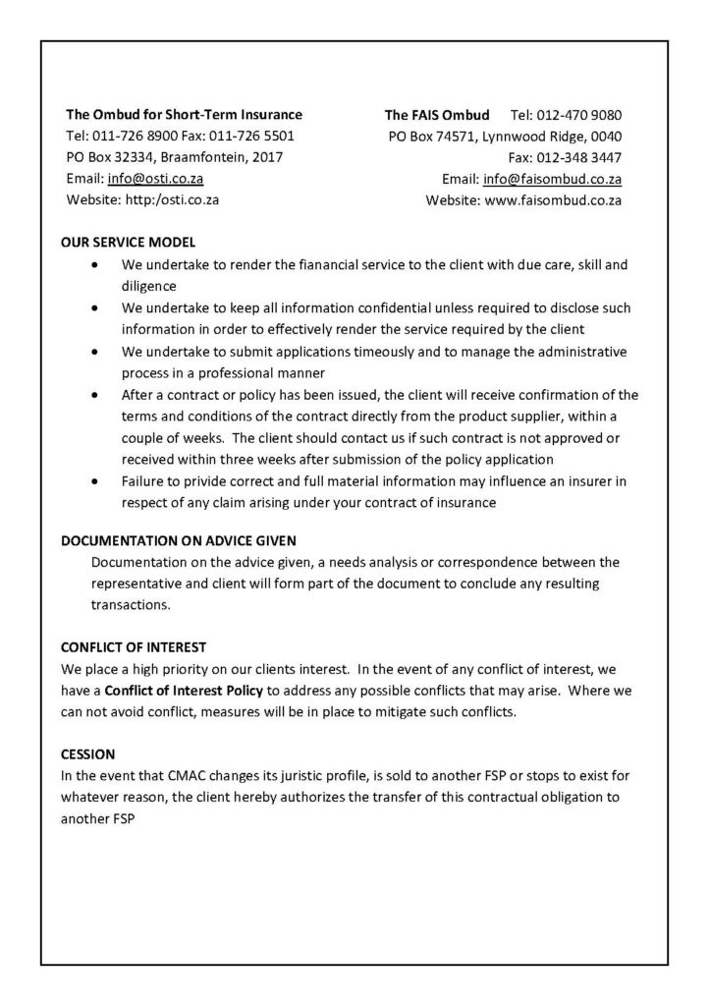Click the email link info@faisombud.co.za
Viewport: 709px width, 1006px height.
coord(552,179)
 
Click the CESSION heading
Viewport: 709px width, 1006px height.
coord(88,755)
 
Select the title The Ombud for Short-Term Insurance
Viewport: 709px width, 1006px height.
coord(184,114)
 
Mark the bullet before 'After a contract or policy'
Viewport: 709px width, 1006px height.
coord(94,395)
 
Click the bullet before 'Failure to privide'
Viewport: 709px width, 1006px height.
coord(94,481)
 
